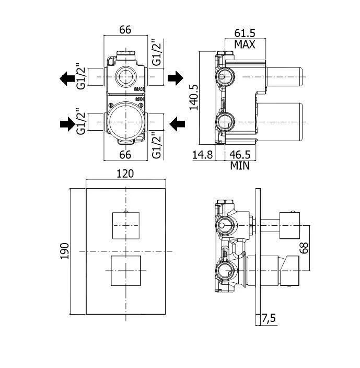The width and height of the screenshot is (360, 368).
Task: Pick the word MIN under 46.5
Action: point(239,166)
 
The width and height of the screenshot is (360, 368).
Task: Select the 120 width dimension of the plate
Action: point(125,174)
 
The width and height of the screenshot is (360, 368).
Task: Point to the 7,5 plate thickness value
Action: point(270,317)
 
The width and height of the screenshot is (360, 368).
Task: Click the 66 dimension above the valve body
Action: point(125,30)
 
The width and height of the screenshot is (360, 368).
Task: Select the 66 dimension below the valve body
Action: point(125,154)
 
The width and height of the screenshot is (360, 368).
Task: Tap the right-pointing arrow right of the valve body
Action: point(176,78)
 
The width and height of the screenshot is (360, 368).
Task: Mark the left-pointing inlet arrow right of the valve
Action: point(177,124)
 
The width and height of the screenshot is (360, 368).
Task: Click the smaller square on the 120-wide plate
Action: point(125,225)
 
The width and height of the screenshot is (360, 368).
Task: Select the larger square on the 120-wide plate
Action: point(126,271)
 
